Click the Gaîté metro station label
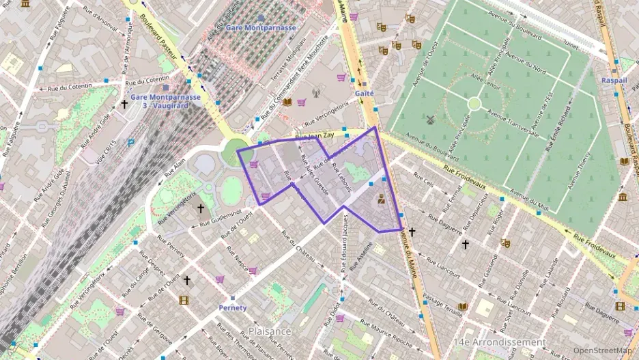364,93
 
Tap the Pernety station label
232,307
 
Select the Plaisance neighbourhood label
270,331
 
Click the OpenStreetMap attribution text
602,350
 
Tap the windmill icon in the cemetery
430,120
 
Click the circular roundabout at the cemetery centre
474,103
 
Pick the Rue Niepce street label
236,257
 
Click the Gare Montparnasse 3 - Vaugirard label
166,101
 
